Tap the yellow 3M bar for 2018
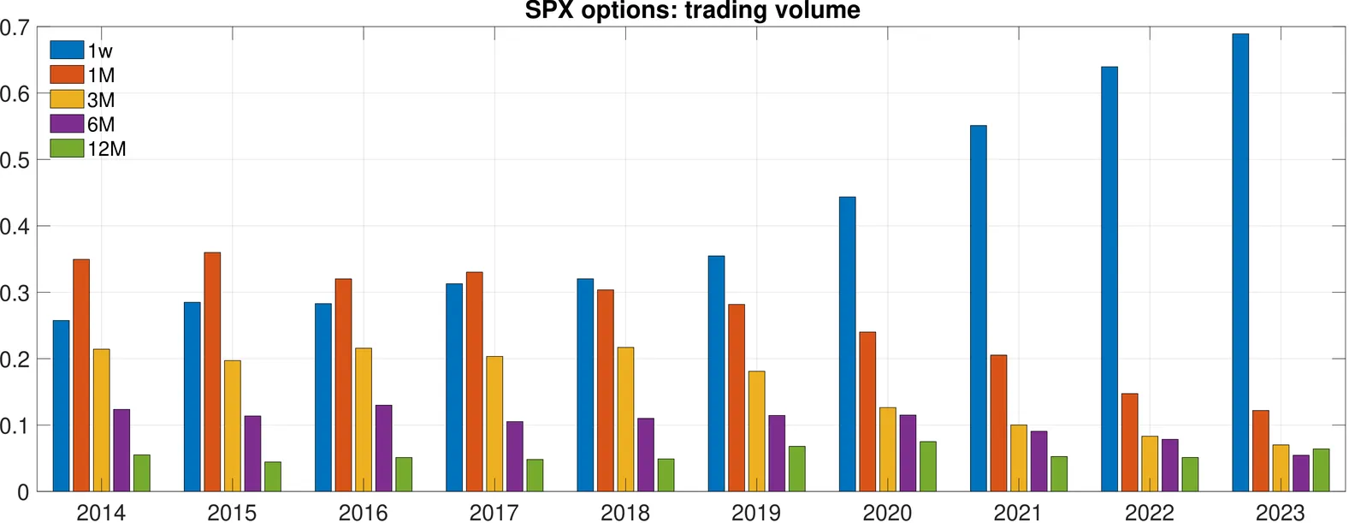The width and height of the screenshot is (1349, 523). [625, 419]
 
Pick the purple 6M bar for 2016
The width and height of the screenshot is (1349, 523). [383, 448]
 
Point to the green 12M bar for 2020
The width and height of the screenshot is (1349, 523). [927, 467]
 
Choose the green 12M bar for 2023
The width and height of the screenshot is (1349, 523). [1321, 470]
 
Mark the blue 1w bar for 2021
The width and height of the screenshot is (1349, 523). [978, 308]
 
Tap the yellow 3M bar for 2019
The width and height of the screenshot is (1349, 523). [756, 431]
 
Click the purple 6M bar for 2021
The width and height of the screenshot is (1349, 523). [1038, 461]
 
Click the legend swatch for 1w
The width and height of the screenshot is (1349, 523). [67, 50]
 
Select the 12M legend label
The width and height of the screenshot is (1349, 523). [107, 149]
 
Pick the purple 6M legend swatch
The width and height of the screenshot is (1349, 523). [67, 124]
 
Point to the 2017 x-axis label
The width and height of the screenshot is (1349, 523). [494, 513]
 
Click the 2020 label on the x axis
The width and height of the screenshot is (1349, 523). [887, 513]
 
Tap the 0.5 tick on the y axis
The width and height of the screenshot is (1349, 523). [15, 160]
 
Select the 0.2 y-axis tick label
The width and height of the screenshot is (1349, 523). [15, 360]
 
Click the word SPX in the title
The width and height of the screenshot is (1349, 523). [549, 10]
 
